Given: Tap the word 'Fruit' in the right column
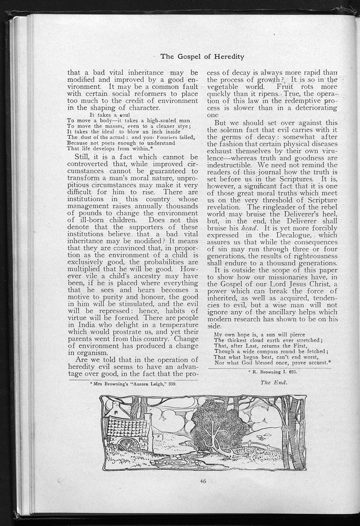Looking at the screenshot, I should [294, 88].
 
